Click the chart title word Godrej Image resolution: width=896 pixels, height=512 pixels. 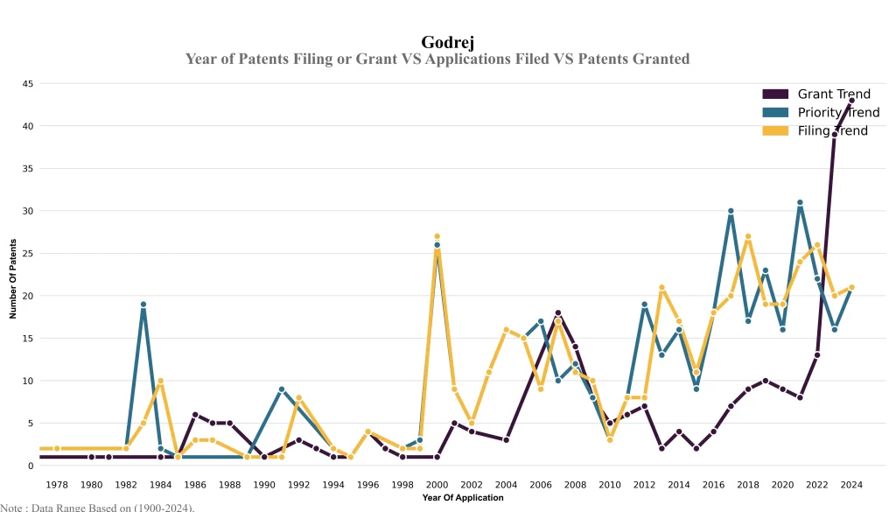click(x=448, y=42)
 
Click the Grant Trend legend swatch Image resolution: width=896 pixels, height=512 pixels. click(x=775, y=95)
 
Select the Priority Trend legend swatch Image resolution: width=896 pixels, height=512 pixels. click(x=775, y=113)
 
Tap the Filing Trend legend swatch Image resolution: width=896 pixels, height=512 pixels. click(x=775, y=131)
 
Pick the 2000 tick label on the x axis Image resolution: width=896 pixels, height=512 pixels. click(x=437, y=484)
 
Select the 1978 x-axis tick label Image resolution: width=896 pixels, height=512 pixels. click(x=57, y=484)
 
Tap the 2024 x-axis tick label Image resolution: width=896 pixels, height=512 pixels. click(x=851, y=484)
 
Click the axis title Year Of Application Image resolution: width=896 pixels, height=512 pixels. click(x=462, y=498)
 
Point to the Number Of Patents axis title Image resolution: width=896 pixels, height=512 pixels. click(x=13, y=279)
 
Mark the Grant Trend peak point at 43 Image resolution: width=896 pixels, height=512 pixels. click(x=851, y=101)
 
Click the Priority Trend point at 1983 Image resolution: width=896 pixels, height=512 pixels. click(x=143, y=305)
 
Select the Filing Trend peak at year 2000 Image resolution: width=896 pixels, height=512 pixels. click(x=437, y=236)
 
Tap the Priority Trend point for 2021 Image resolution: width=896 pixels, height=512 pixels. click(x=800, y=203)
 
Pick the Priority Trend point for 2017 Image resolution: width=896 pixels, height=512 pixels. click(x=731, y=211)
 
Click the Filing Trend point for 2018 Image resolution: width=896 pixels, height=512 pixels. click(x=748, y=236)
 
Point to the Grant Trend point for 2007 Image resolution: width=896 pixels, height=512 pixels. click(x=558, y=312)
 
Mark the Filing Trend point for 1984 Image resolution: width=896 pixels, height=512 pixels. click(x=161, y=381)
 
